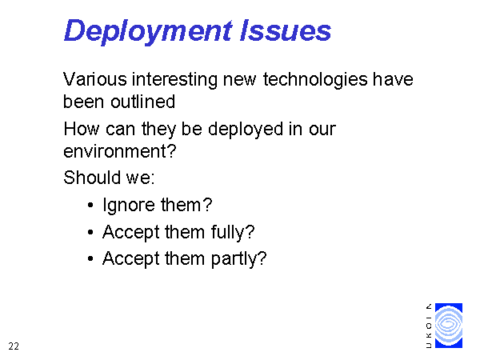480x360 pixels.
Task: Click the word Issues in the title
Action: pyautogui.click(x=286, y=30)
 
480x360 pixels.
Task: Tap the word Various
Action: pyautogui.click(x=94, y=79)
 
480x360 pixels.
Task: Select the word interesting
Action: pyautogui.click(x=174, y=80)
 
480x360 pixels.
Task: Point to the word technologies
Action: pyautogui.click(x=315, y=80)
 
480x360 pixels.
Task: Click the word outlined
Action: pyautogui.click(x=143, y=102)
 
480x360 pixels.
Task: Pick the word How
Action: pyautogui.click(x=82, y=129)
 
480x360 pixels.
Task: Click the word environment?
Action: pyautogui.click(x=120, y=151)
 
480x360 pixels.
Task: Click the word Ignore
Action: pyautogui.click(x=129, y=206)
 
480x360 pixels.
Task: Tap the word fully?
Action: pyautogui.click(x=233, y=232)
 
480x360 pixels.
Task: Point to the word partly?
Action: pyautogui.click(x=238, y=259)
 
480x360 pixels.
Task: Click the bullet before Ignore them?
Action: pyautogui.click(x=90, y=205)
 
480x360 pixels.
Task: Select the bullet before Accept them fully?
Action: pyautogui.click(x=90, y=232)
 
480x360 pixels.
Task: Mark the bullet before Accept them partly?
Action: pyautogui.click(x=90, y=259)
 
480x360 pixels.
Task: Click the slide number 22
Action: pyautogui.click(x=14, y=346)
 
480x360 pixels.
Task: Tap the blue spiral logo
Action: pyautogui.click(x=449, y=326)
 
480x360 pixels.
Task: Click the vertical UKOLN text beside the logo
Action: pyautogui.click(x=429, y=326)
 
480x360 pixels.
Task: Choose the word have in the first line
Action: pyautogui.click(x=393, y=79)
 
